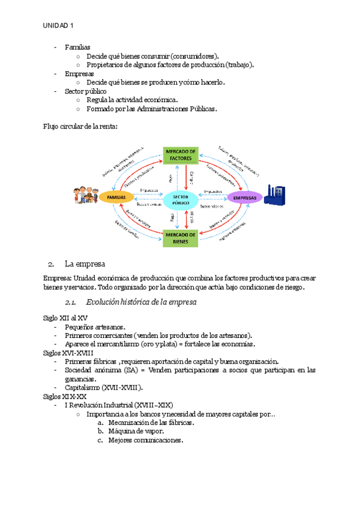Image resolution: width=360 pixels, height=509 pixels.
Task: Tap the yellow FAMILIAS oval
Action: (116, 197)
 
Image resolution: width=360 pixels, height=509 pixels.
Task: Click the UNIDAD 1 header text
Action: (58, 25)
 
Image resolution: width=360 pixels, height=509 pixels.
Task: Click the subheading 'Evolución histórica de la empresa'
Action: (141, 302)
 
